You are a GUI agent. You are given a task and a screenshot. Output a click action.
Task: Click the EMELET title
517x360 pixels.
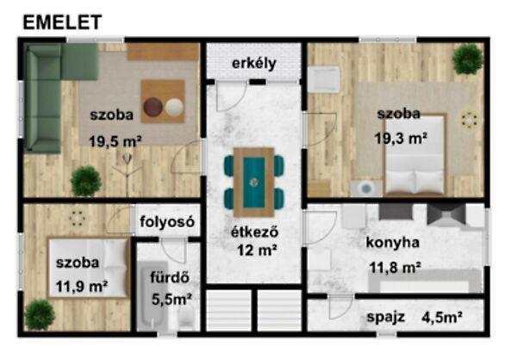[61, 22]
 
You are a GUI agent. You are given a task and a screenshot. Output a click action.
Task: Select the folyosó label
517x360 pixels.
[166, 221]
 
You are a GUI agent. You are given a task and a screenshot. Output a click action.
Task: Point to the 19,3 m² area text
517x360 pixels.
[402, 137]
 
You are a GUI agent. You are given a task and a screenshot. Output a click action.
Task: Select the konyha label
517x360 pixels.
[392, 242]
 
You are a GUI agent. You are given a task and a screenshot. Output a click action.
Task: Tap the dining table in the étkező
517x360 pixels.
[254, 182]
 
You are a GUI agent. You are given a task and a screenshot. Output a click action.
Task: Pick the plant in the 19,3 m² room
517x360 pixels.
[467, 59]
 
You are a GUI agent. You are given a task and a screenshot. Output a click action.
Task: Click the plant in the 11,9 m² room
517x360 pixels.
[38, 314]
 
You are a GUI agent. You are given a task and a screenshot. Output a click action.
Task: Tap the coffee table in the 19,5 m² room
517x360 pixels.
[163, 102]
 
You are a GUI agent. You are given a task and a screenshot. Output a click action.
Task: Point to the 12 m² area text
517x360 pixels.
[257, 251]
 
